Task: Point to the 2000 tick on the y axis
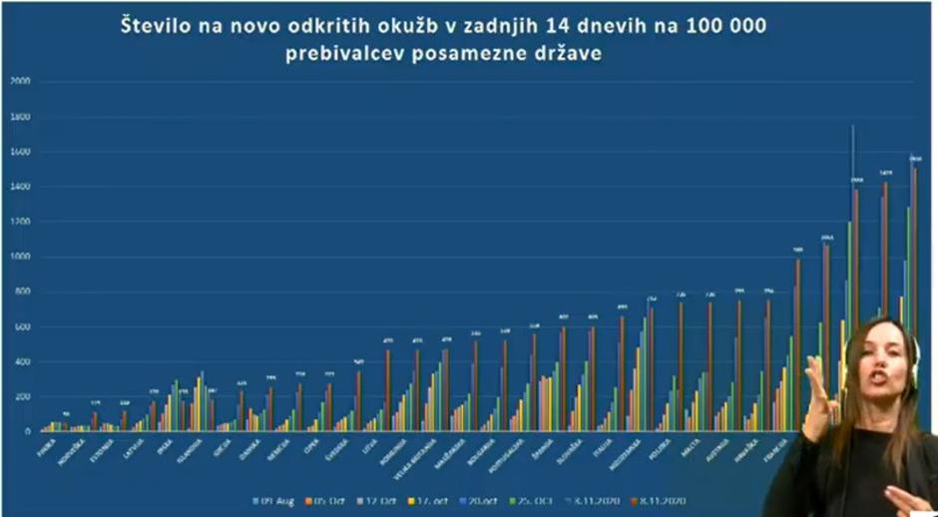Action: pyautogui.click(x=19, y=82)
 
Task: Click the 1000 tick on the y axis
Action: pyautogui.click(x=19, y=257)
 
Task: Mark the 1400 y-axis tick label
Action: pyautogui.click(x=19, y=187)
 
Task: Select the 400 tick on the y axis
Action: pyautogui.click(x=21, y=361)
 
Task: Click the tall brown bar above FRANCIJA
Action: pyautogui.click(x=797, y=344)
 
